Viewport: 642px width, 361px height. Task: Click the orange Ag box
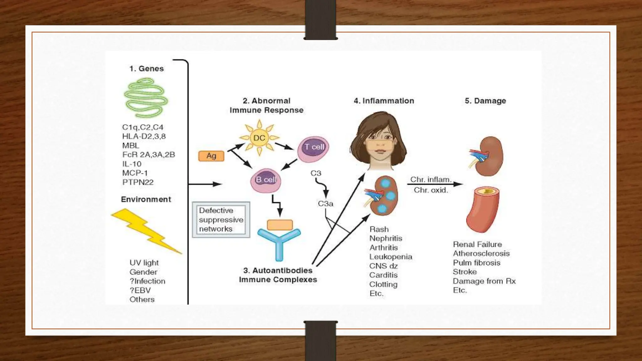coord(211,156)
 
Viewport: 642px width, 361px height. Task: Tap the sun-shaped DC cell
coord(259,138)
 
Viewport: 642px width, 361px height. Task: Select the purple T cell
coord(313,149)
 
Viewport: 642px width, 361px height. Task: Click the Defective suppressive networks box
coord(221,220)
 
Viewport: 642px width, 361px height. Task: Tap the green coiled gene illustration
coord(146,98)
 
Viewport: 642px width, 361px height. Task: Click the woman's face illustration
coord(379,141)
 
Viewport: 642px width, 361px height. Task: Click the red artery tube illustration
coord(483,209)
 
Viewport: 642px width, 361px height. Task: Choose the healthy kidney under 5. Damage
coord(487,156)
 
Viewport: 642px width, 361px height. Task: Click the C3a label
coord(325,204)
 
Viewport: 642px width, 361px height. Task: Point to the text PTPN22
coord(138,182)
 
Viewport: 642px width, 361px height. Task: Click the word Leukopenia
coord(391,257)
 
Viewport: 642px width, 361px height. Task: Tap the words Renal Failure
coord(477,244)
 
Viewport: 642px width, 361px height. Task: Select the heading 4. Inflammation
coord(384,101)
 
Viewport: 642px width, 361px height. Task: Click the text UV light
coord(144,263)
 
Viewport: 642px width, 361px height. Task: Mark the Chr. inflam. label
coord(431,180)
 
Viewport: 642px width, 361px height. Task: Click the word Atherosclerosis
coord(481,254)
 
